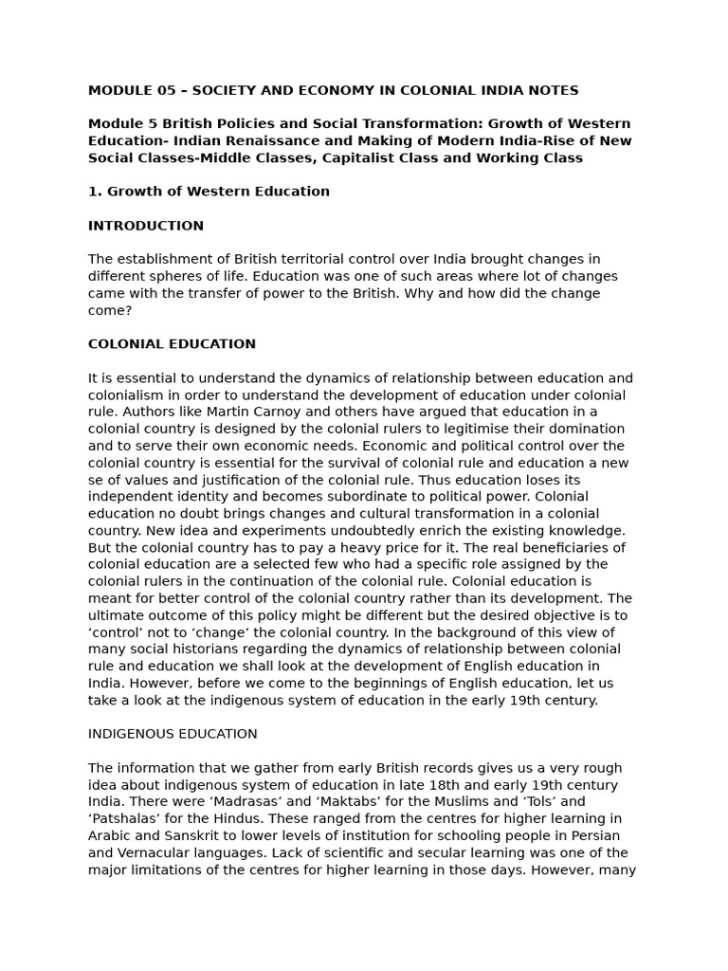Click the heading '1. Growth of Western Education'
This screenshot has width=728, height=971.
209,192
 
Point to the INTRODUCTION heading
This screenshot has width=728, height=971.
146,226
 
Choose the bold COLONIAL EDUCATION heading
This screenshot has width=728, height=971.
172,344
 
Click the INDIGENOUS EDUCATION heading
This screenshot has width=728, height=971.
173,734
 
